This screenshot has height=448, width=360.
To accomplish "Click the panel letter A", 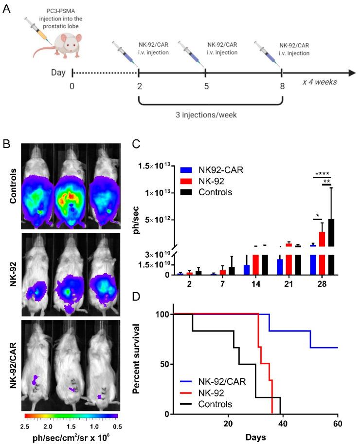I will click(6, 8).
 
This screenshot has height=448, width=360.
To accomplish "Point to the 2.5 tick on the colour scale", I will click(29, 426).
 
